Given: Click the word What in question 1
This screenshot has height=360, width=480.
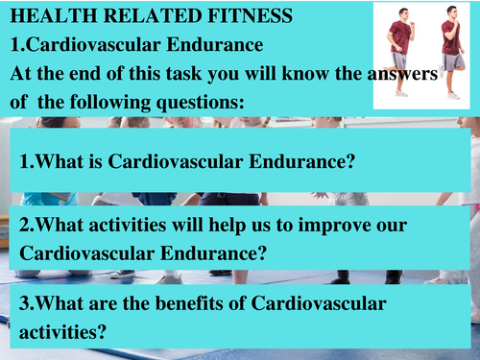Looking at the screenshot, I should (59, 160).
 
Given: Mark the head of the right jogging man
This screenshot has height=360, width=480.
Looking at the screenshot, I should (450, 13).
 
